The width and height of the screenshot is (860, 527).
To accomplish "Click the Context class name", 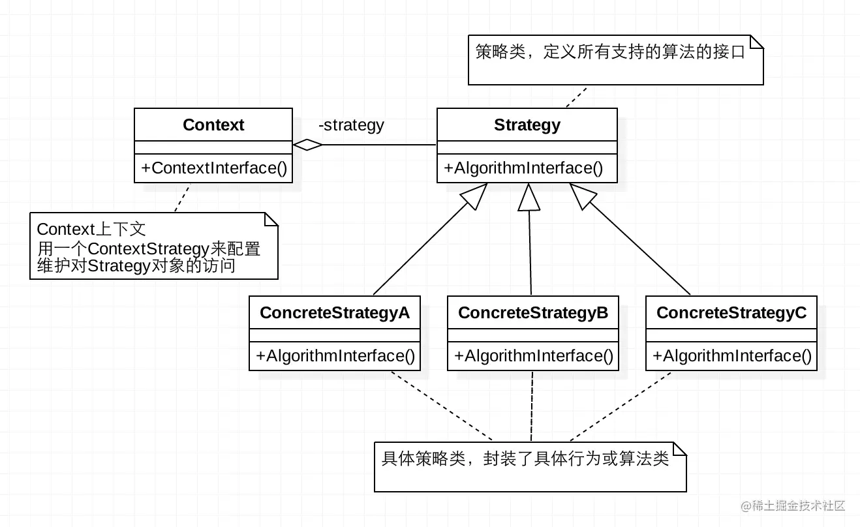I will [x=213, y=125].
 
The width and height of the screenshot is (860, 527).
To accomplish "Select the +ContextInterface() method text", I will [x=213, y=168].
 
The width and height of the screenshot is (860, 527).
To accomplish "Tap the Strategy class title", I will [x=527, y=125].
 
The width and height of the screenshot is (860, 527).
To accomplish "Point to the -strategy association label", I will [x=351, y=125].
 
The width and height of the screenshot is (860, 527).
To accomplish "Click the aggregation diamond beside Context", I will [x=308, y=145].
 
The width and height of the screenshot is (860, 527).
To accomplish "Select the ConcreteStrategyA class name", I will [x=335, y=312].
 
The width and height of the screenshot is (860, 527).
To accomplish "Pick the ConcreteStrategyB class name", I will [x=533, y=312].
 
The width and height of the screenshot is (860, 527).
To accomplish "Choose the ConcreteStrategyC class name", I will [x=731, y=312].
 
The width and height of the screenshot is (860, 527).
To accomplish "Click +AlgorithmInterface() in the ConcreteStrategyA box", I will [x=335, y=356].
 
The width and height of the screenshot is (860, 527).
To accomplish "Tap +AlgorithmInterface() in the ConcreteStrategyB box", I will [x=533, y=356].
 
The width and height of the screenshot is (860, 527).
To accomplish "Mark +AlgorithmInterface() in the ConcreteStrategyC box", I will [x=731, y=356].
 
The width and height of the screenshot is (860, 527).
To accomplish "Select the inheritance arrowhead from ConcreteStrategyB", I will [x=529, y=197].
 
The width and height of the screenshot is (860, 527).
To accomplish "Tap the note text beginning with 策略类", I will [x=610, y=53].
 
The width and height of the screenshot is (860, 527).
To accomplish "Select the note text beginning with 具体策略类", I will [x=525, y=459].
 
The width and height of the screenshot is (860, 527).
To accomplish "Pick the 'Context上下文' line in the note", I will [x=91, y=230].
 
